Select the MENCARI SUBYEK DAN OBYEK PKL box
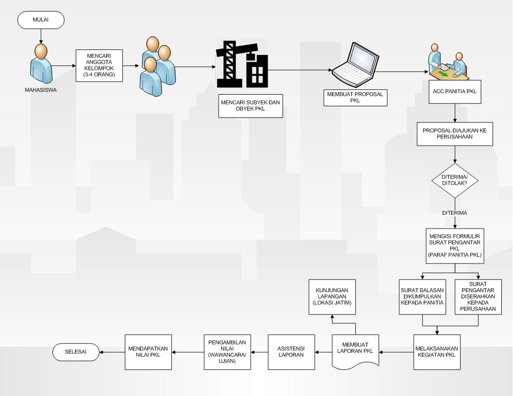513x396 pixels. point(250,107)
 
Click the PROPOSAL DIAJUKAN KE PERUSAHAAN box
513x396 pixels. point(455,134)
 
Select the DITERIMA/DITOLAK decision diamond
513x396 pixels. point(455,182)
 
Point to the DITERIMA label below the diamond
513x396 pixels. point(455,213)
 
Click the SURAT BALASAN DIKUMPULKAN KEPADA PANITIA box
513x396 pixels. point(423,297)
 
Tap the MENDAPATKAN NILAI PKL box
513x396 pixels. point(149,351)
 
